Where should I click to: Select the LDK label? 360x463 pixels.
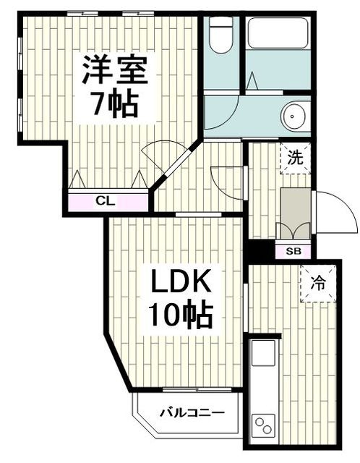click(x=180, y=281)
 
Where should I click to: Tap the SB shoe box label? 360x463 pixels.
click(x=293, y=251)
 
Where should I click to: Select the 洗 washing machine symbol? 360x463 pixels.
click(x=296, y=157)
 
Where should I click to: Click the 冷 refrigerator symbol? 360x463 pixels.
click(x=318, y=284)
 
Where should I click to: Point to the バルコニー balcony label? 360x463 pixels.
click(x=192, y=413)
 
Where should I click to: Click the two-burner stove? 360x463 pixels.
click(x=262, y=426)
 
